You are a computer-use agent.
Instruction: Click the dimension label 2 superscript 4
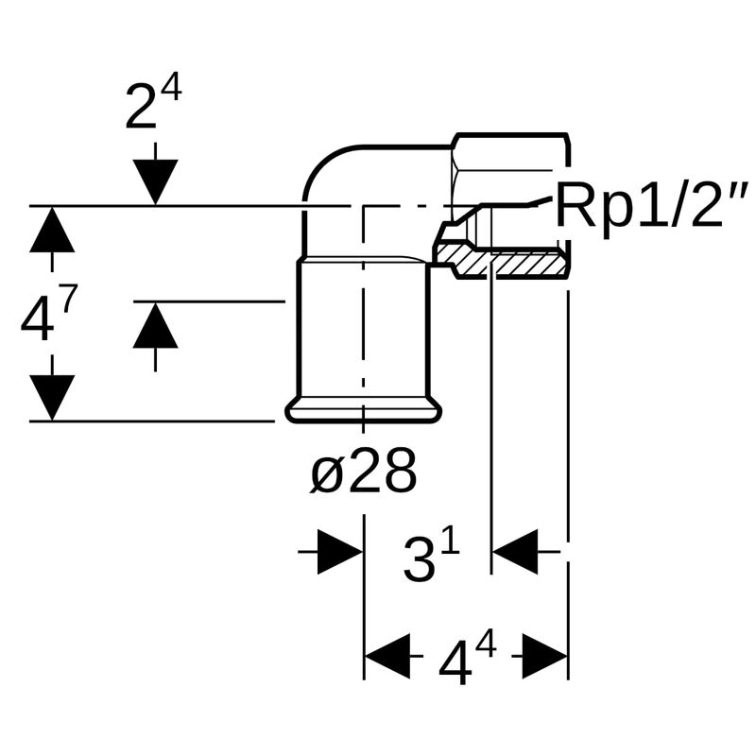pos(152,105)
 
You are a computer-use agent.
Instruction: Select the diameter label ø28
pos(364,472)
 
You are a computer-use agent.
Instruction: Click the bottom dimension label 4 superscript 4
pos(467,661)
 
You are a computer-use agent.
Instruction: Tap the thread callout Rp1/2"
pos(651,205)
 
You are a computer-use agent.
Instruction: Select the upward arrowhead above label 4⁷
pos(52,231)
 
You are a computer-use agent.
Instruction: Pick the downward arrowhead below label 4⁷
pos(52,397)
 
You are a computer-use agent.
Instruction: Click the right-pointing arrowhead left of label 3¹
pos(339,551)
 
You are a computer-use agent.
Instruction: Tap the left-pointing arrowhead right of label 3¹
pos(516,551)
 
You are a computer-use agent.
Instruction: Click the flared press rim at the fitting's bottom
pos(364,411)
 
